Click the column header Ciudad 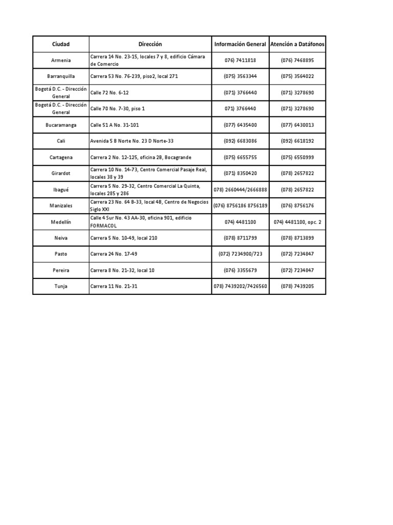click(x=61, y=44)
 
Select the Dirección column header click(x=150, y=44)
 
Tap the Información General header click(x=240, y=44)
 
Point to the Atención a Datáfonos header click(x=297, y=44)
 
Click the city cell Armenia click(x=61, y=60)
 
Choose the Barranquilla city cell click(x=61, y=76)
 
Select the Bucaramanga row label click(x=61, y=125)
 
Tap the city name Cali click(x=61, y=140)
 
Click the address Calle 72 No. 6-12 click(x=110, y=93)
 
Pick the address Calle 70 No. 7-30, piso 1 click(x=118, y=109)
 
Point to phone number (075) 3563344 click(x=240, y=76)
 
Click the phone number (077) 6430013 click(x=297, y=125)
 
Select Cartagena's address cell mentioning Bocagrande click(x=141, y=157)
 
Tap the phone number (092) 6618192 click(x=297, y=140)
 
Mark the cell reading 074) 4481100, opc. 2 click(x=297, y=222)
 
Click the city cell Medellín click(x=61, y=222)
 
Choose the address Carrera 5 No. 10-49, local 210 click(x=124, y=238)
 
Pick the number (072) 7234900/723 click(x=240, y=254)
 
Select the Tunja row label click(x=61, y=286)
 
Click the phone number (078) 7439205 click(x=297, y=286)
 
